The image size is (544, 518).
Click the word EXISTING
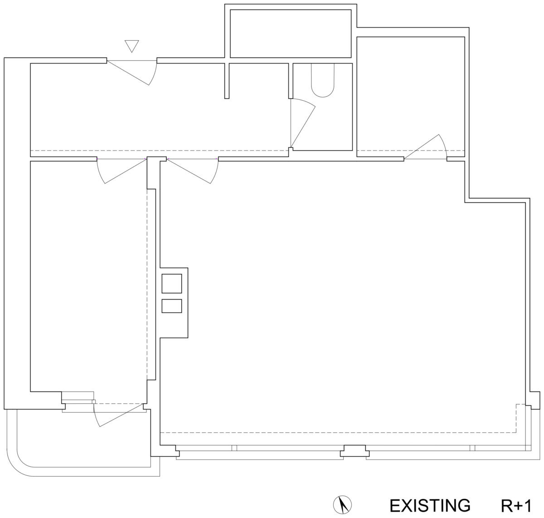[x=430, y=506]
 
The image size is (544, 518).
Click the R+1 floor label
[x=516, y=506]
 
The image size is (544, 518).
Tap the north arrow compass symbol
[x=342, y=504]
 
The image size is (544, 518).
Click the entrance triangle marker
[x=132, y=46]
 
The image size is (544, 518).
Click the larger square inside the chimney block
[x=171, y=283]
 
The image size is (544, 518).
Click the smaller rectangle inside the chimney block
[x=171, y=306]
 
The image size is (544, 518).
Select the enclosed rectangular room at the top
[x=291, y=34]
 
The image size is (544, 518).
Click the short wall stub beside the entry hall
[x=227, y=81]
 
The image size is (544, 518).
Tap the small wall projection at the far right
[x=535, y=401]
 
